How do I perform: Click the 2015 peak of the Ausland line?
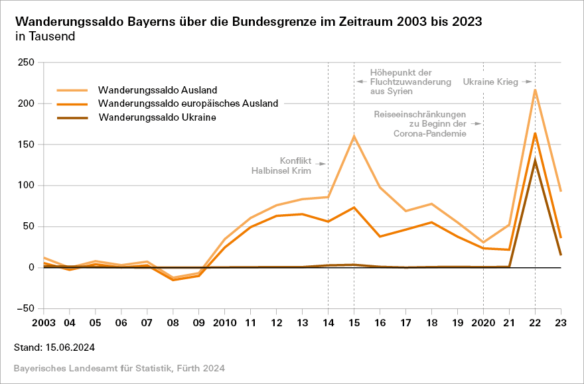point(354,136)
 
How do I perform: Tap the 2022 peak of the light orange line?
point(535,90)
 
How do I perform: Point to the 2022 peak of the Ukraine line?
point(535,160)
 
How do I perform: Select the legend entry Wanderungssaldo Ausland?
point(158,90)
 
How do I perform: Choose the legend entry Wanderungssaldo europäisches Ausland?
point(188,103)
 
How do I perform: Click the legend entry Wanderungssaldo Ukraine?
point(158,117)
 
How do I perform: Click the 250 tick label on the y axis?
point(27,63)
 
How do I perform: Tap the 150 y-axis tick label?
point(27,145)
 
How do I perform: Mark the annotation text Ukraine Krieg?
point(490,82)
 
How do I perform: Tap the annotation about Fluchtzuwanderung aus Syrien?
point(401,82)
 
